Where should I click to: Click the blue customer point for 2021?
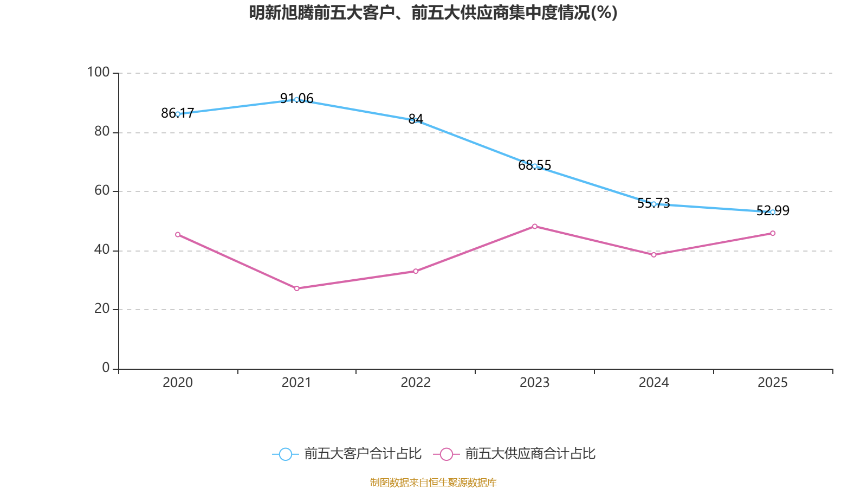(x=296, y=100)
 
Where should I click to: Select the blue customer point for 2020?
(x=178, y=114)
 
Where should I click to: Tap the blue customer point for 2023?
(x=535, y=166)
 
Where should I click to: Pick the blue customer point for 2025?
(x=773, y=212)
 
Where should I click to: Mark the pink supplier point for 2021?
(x=296, y=288)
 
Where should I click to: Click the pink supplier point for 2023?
(x=535, y=226)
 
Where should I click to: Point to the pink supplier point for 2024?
(x=654, y=254)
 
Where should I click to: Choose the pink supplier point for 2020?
(x=178, y=234)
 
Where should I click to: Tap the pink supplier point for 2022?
(x=416, y=271)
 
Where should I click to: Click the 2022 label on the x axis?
(x=416, y=383)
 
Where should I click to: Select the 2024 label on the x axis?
(x=654, y=383)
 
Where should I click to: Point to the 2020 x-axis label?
(x=178, y=383)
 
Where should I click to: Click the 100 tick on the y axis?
(x=98, y=72)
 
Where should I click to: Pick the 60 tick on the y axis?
(x=101, y=190)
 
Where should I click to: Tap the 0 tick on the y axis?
(x=106, y=368)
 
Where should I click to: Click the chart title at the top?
(x=433, y=12)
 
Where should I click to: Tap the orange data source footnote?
(x=433, y=482)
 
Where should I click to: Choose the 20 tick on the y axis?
(x=101, y=309)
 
